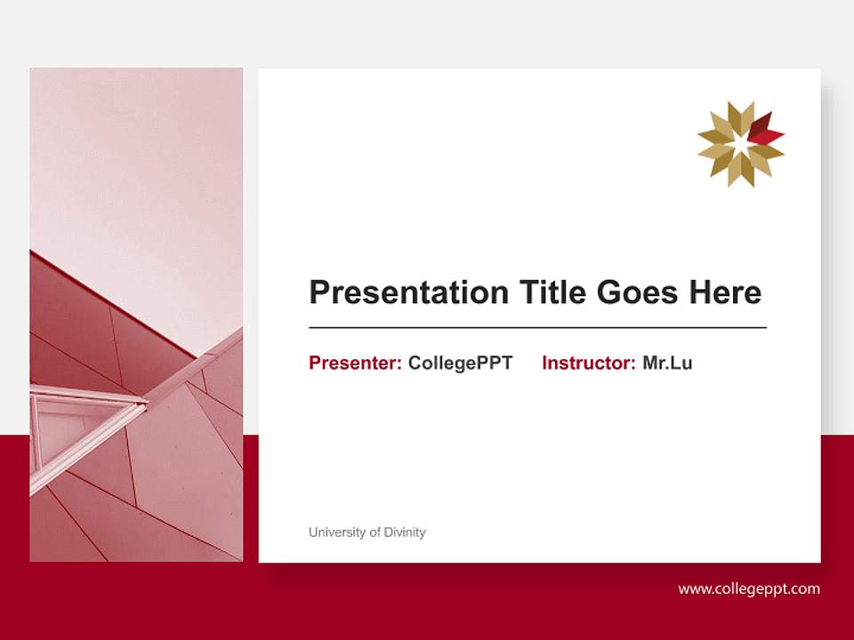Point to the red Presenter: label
click(x=355, y=363)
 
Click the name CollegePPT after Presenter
click(x=460, y=363)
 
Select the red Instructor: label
click(x=588, y=363)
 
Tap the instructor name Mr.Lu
click(x=667, y=363)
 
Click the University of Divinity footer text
click(x=367, y=532)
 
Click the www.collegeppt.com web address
click(x=749, y=588)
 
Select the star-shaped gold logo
click(x=740, y=144)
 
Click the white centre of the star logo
click(x=740, y=144)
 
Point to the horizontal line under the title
click(x=537, y=328)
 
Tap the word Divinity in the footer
click(x=404, y=532)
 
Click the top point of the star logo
click(x=740, y=104)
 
